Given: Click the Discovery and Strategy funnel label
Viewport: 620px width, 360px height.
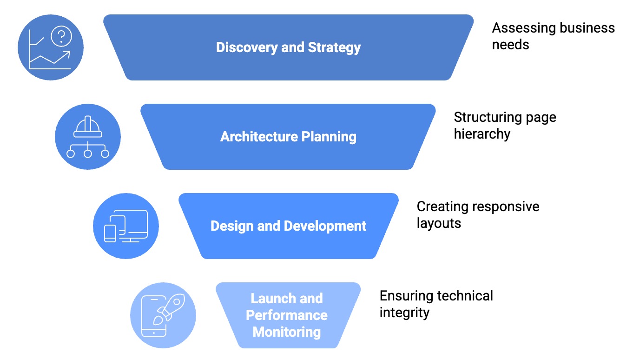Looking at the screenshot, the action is coord(288,47).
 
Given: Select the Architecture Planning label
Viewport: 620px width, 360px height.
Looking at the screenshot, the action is coord(288,137).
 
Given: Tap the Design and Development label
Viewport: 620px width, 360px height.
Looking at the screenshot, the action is coord(288,226).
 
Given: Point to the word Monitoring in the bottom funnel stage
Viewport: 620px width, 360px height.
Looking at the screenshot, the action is coord(287,332).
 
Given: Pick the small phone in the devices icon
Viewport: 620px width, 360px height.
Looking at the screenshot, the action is coord(110,233).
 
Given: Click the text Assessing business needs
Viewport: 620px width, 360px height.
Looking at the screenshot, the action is coord(553,36).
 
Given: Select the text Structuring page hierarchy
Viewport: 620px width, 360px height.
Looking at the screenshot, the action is coord(505,125).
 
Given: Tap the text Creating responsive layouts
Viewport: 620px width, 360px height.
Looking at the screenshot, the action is coord(478,214).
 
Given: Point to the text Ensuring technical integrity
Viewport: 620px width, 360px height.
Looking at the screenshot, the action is coord(436,304).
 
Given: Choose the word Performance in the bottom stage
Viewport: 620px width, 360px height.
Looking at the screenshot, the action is coord(287,315).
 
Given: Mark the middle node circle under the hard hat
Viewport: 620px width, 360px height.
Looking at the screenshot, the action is coord(88,153).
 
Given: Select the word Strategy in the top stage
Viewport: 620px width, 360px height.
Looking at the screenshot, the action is coord(334,47).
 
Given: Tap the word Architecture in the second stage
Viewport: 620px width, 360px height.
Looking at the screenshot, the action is coord(258,137).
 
